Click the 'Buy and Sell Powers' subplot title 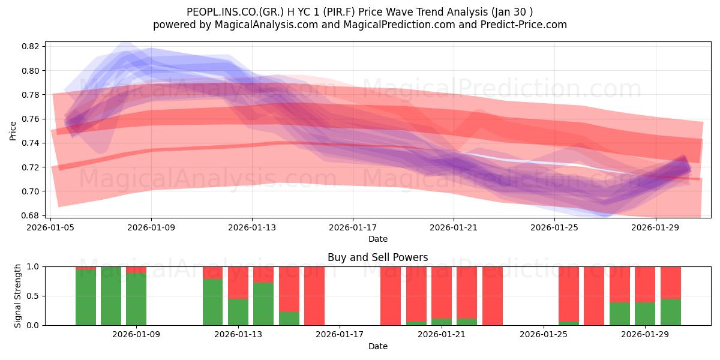coord(377,257)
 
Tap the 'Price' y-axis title coord(13,130)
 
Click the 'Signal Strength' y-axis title coord(18,296)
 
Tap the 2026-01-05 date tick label coord(50,228)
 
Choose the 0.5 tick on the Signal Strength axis coord(33,296)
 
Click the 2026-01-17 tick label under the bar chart coord(340,335)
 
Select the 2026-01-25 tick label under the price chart coord(554,228)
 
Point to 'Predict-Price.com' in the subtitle coord(526,25)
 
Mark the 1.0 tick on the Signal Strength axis coord(33,266)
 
